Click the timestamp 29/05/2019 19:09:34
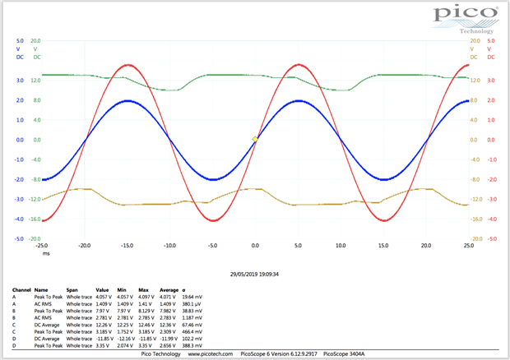255,275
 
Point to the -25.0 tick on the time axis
42,245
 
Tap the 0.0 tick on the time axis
255,245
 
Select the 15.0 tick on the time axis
383,245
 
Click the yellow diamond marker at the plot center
255,139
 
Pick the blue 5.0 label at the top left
20,40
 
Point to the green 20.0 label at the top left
36,40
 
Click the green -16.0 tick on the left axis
35,219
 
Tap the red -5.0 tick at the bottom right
490,238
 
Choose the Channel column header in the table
21,290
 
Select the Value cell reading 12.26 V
103,325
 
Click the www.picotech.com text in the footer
210,353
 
